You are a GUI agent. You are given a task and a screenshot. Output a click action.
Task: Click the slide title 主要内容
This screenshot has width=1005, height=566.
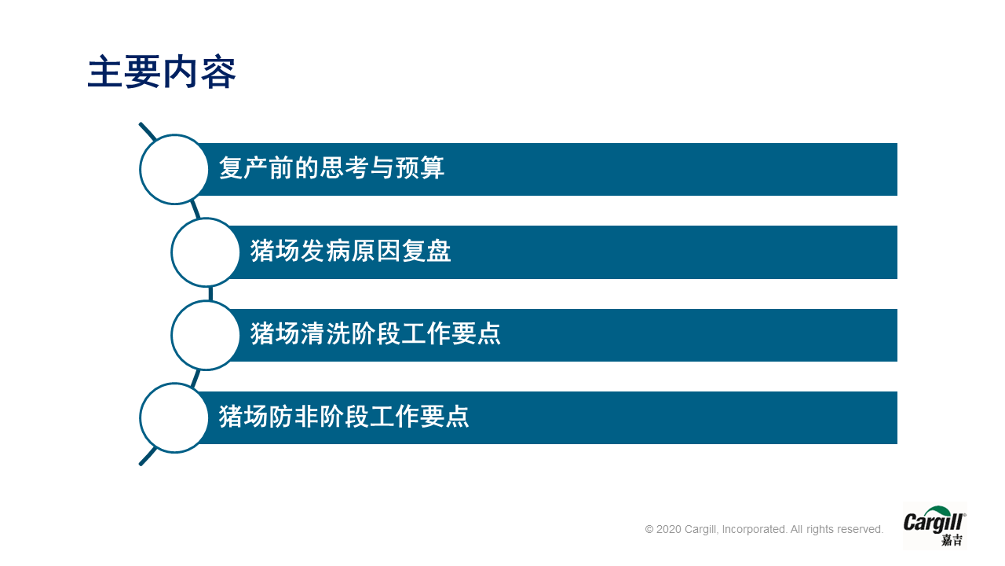162,72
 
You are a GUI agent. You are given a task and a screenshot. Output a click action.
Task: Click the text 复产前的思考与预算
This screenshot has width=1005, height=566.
331,167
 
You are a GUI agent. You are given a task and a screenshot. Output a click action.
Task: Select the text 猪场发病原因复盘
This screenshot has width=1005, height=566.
350,251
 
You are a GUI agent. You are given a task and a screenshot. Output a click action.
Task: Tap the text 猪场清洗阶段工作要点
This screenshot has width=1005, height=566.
375,333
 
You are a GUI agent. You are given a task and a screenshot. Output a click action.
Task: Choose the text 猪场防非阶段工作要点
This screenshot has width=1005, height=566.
344,417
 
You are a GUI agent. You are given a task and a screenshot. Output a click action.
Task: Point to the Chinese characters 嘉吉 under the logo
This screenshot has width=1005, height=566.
952,539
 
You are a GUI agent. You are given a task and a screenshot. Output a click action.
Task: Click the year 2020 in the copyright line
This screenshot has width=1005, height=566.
668,529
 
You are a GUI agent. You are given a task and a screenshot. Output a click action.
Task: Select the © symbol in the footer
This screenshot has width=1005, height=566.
649,529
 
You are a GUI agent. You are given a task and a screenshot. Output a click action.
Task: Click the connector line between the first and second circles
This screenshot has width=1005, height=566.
196,210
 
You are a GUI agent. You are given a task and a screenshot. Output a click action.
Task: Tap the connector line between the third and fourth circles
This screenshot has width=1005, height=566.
196,378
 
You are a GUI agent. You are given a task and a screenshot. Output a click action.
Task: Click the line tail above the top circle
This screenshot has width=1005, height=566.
147,131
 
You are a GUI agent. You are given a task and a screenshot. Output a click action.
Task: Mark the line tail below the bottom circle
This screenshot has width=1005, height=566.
148,456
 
